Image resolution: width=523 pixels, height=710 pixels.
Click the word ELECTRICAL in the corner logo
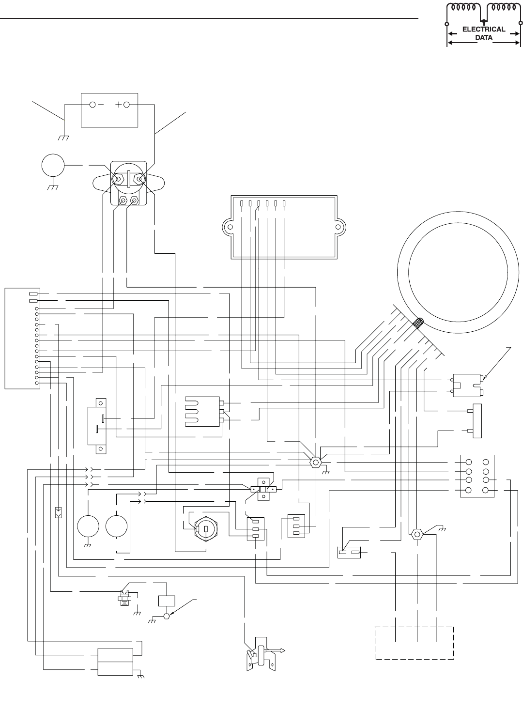click(483, 29)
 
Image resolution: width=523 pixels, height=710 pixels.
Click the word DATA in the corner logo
click(483, 37)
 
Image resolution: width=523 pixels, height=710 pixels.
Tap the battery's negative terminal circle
click(92, 105)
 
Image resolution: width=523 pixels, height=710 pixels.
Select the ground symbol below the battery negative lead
click(63, 138)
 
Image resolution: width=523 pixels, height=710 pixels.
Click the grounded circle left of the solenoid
click(53, 166)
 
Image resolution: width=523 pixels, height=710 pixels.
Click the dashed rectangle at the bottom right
click(414, 643)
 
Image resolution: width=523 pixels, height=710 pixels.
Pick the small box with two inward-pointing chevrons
click(58, 513)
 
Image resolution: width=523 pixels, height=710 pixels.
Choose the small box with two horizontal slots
click(349, 552)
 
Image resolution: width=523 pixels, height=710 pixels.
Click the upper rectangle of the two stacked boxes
click(115, 654)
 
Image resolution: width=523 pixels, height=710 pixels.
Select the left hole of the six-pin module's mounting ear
click(231, 227)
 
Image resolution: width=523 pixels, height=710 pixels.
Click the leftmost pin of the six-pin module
click(241, 204)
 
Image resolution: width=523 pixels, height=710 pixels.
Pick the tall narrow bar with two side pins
click(477, 421)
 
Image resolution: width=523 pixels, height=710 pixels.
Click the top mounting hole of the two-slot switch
click(101, 401)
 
